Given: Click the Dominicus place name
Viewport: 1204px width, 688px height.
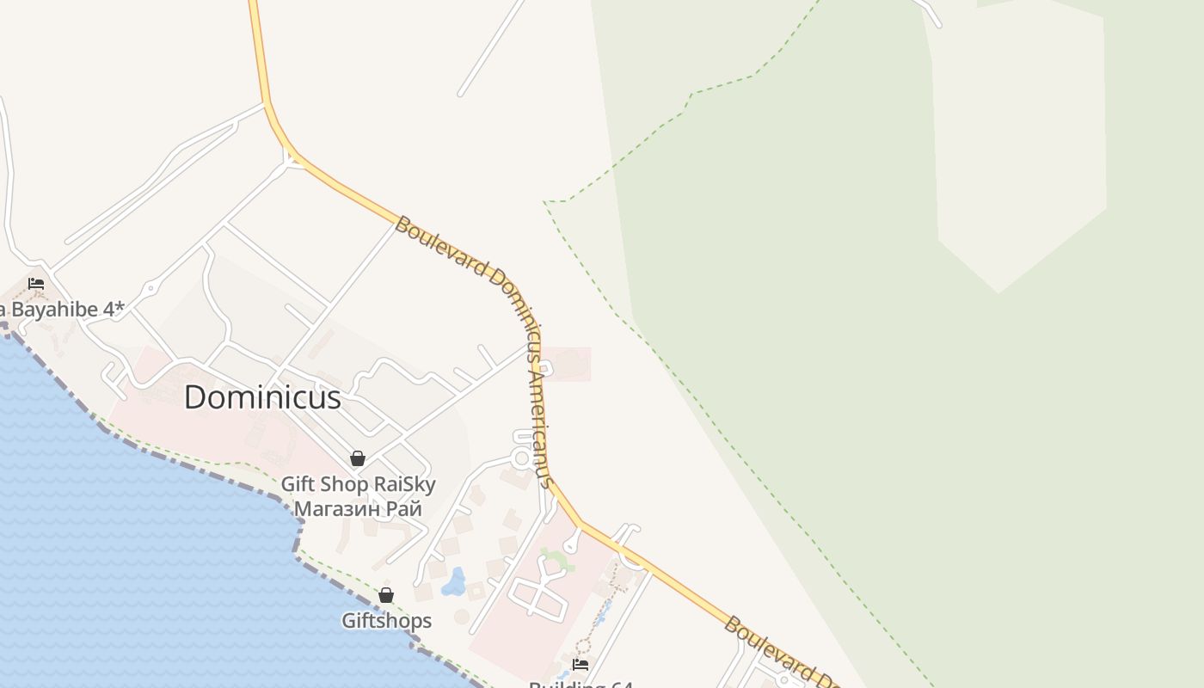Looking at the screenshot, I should [x=262, y=397].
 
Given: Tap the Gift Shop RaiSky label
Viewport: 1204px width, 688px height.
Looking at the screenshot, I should [x=359, y=484].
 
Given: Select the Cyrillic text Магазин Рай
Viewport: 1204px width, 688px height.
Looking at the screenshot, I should [x=358, y=508].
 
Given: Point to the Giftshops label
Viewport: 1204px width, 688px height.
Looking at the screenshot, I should [x=386, y=620].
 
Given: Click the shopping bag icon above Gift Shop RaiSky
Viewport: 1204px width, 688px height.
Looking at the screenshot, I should [x=358, y=458].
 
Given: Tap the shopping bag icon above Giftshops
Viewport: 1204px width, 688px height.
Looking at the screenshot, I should [x=386, y=595].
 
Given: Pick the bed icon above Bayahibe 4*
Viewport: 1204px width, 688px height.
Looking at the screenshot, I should [x=36, y=283].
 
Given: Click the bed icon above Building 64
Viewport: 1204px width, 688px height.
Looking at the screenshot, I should [x=580, y=665].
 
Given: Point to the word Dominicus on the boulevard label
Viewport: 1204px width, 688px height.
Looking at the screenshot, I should [x=521, y=297].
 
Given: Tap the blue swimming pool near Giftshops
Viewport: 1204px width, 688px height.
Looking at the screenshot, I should [x=453, y=582].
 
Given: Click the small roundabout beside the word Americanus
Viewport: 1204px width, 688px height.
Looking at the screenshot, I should [x=521, y=458].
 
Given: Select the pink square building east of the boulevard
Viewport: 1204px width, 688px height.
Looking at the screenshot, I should [x=567, y=364].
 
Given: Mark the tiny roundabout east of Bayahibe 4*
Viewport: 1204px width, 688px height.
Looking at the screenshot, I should [x=150, y=288].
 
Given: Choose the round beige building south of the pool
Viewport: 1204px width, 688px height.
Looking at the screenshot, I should [x=462, y=617].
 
